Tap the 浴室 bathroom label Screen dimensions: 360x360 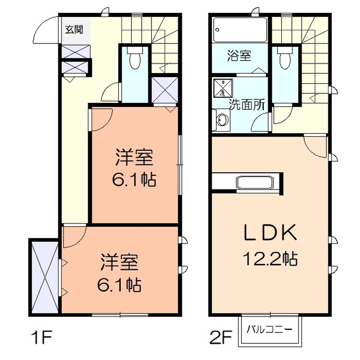click(239, 56)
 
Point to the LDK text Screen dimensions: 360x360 click(270, 232)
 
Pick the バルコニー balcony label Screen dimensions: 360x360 click(270, 329)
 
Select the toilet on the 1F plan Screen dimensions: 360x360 click(135, 59)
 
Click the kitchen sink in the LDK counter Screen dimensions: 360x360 click(255, 183)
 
